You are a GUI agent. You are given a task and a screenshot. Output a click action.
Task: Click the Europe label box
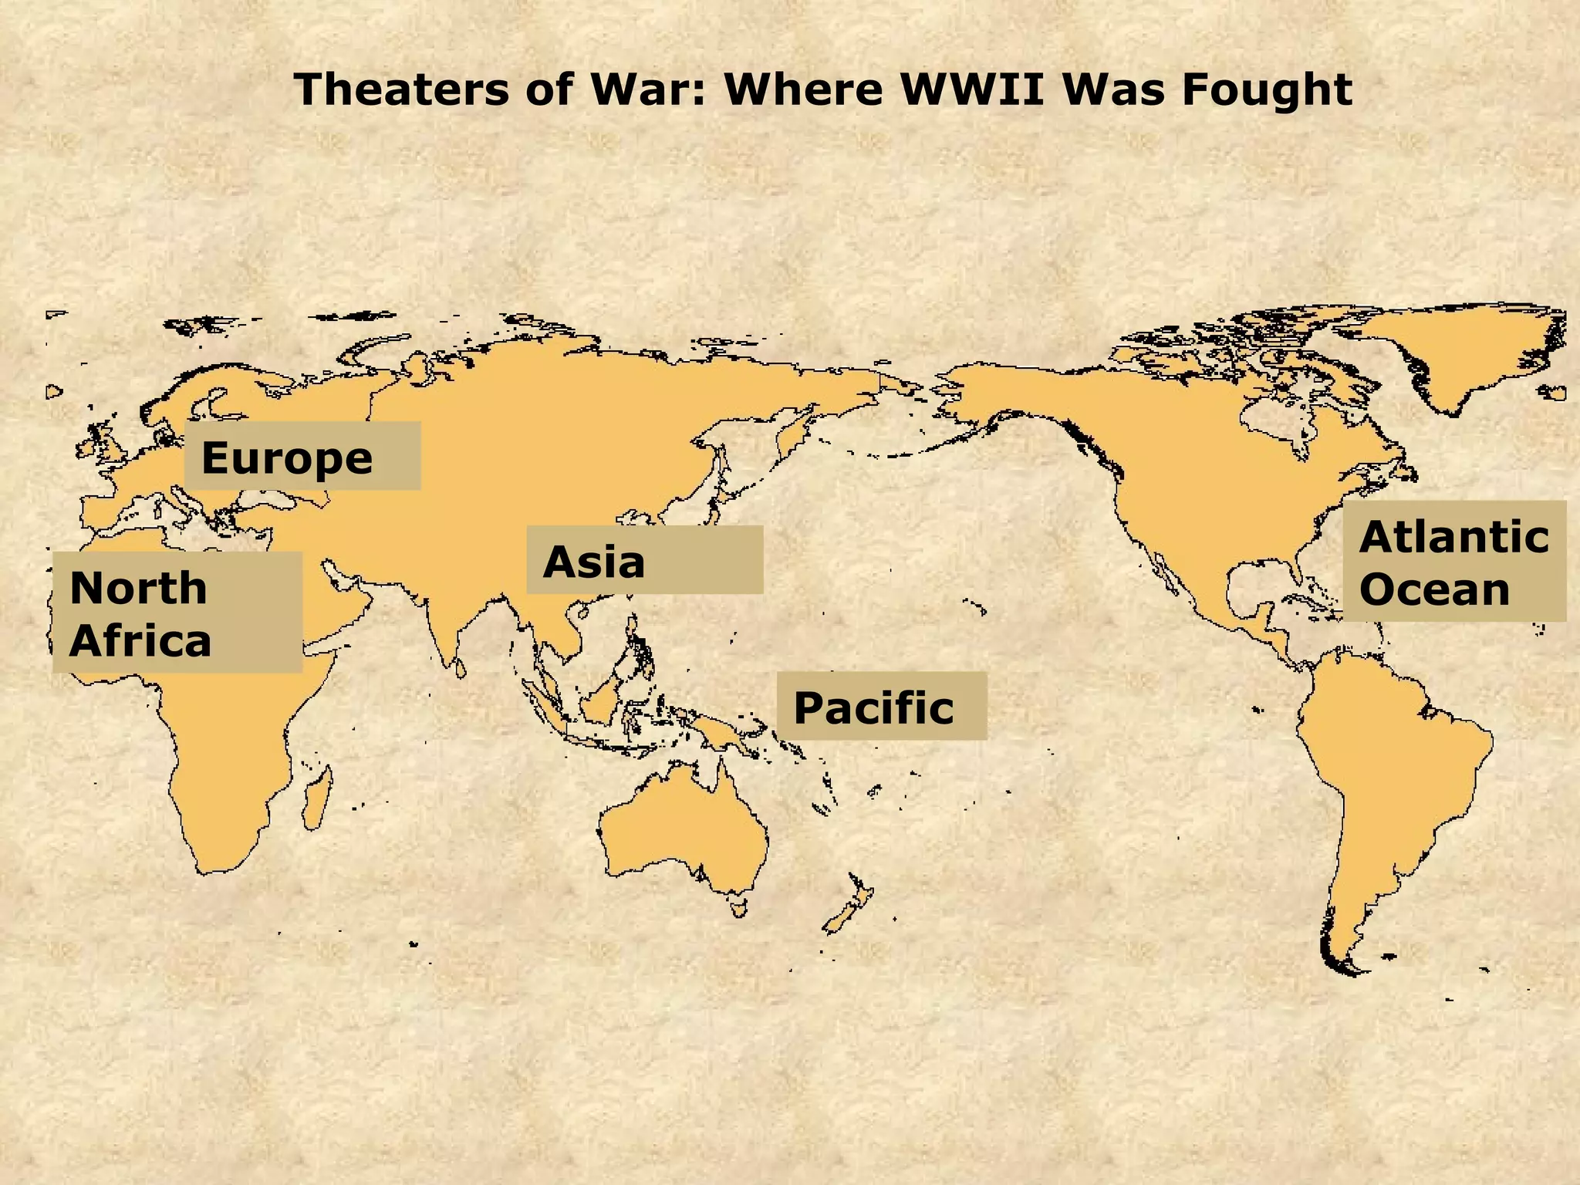point(302,456)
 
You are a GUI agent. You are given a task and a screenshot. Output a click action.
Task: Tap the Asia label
point(644,560)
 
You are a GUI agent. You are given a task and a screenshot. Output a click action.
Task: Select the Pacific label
point(881,706)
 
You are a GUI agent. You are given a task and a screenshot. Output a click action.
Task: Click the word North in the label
point(139,588)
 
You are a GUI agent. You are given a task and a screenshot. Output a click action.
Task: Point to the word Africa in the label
point(140,640)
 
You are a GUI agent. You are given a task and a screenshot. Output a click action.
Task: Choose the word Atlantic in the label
point(1453,537)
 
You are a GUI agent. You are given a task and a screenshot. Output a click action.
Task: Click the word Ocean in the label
point(1434,589)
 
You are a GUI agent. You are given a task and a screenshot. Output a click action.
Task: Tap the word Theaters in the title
point(400,89)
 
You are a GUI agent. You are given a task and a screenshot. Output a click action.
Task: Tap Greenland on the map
point(1458,355)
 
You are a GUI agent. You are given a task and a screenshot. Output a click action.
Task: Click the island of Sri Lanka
point(461,667)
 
